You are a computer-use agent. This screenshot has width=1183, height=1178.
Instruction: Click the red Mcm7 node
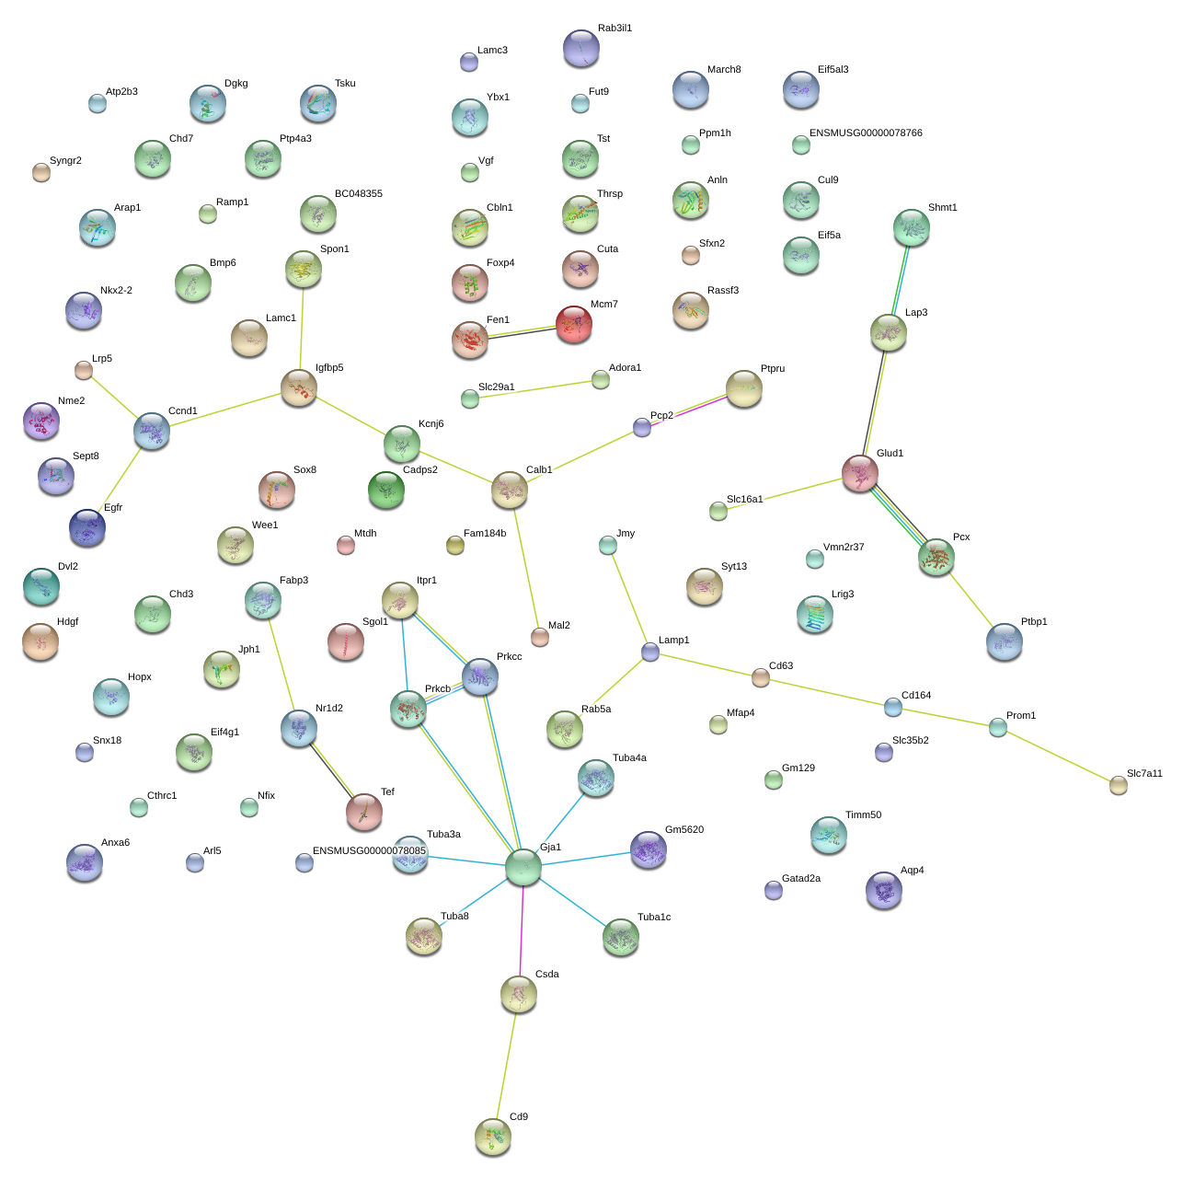(x=573, y=324)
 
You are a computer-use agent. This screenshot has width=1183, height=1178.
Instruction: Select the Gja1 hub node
(x=523, y=867)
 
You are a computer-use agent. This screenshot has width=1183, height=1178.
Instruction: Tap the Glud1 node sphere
(x=859, y=473)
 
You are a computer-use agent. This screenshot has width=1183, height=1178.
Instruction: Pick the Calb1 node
(x=510, y=490)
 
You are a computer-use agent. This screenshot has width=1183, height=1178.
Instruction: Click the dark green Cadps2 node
(x=386, y=490)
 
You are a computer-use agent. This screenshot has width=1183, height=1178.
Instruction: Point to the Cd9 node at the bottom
(x=493, y=1137)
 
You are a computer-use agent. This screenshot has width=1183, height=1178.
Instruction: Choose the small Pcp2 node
(x=641, y=427)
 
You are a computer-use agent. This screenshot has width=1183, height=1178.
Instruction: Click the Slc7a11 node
(x=1118, y=785)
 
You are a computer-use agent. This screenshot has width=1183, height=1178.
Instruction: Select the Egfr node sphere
(x=87, y=527)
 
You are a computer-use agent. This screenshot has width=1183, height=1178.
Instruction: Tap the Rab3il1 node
(x=580, y=48)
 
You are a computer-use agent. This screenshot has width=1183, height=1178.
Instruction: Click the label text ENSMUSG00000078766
(x=866, y=133)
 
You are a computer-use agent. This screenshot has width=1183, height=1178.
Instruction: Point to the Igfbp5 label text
(x=329, y=367)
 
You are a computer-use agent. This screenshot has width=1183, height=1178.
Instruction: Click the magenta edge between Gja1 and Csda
(x=522, y=930)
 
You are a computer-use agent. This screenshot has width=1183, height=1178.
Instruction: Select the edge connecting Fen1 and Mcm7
(x=522, y=331)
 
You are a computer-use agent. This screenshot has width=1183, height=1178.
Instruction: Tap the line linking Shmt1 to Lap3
(x=900, y=280)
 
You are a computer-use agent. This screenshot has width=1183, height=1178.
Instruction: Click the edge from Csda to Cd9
(x=506, y=1066)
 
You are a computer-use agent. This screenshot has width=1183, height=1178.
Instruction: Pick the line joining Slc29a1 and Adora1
(x=534, y=389)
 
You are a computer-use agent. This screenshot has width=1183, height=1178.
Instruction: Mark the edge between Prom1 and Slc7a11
(x=1058, y=756)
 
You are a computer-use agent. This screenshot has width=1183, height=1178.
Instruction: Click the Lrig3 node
(x=814, y=614)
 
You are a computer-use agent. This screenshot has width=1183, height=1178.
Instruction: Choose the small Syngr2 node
(x=41, y=173)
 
